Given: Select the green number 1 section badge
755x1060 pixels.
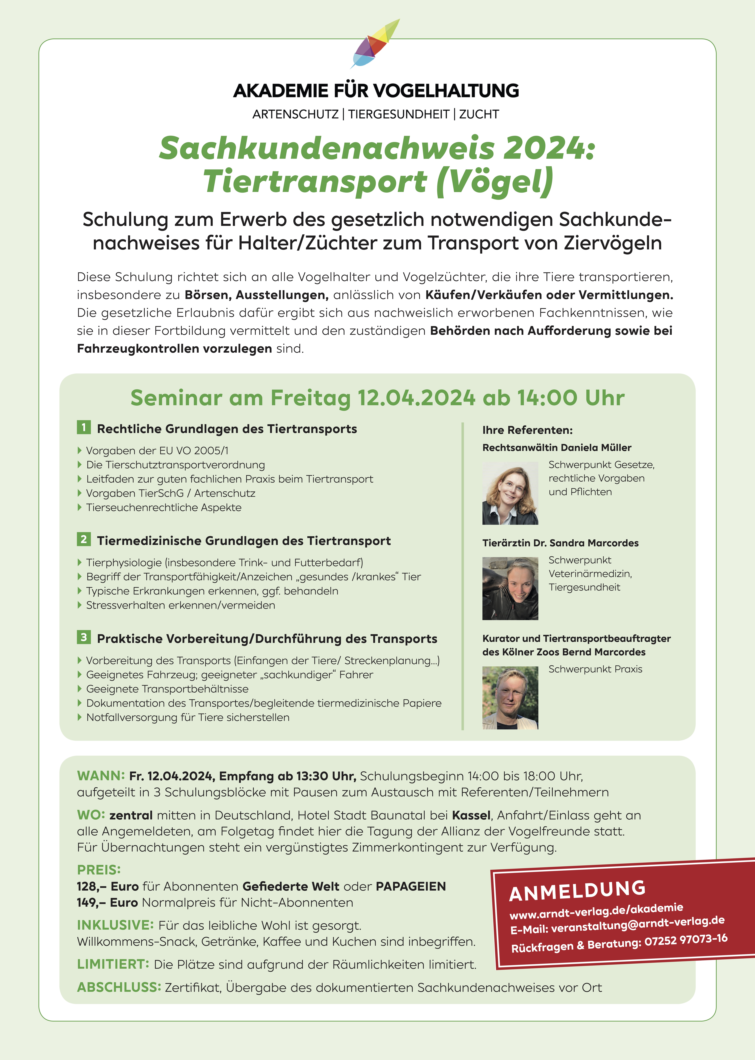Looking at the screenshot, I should coord(84,427).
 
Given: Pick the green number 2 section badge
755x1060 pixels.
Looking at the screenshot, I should coord(84,540).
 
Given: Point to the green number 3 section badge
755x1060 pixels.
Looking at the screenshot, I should coord(84,637).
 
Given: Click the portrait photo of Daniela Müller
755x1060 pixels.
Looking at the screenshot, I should coord(510,493).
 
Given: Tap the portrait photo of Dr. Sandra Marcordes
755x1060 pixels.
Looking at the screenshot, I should coord(510,588).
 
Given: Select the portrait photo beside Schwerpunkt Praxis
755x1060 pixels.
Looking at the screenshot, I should coord(510,698).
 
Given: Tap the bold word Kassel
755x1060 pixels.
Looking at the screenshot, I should coord(471,815).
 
